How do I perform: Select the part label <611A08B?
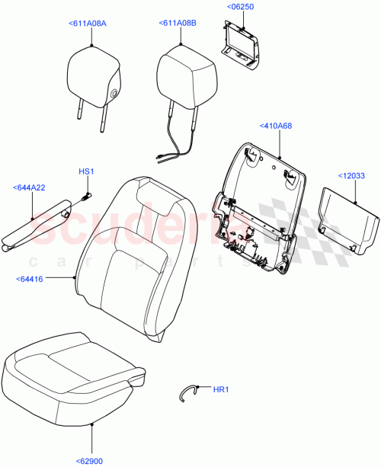[x=178, y=24]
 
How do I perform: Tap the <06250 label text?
[x=240, y=7]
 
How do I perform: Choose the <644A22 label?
[x=28, y=187]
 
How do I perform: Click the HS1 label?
[x=85, y=171]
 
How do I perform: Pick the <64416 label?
[x=29, y=280]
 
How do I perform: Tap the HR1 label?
[x=221, y=390]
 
